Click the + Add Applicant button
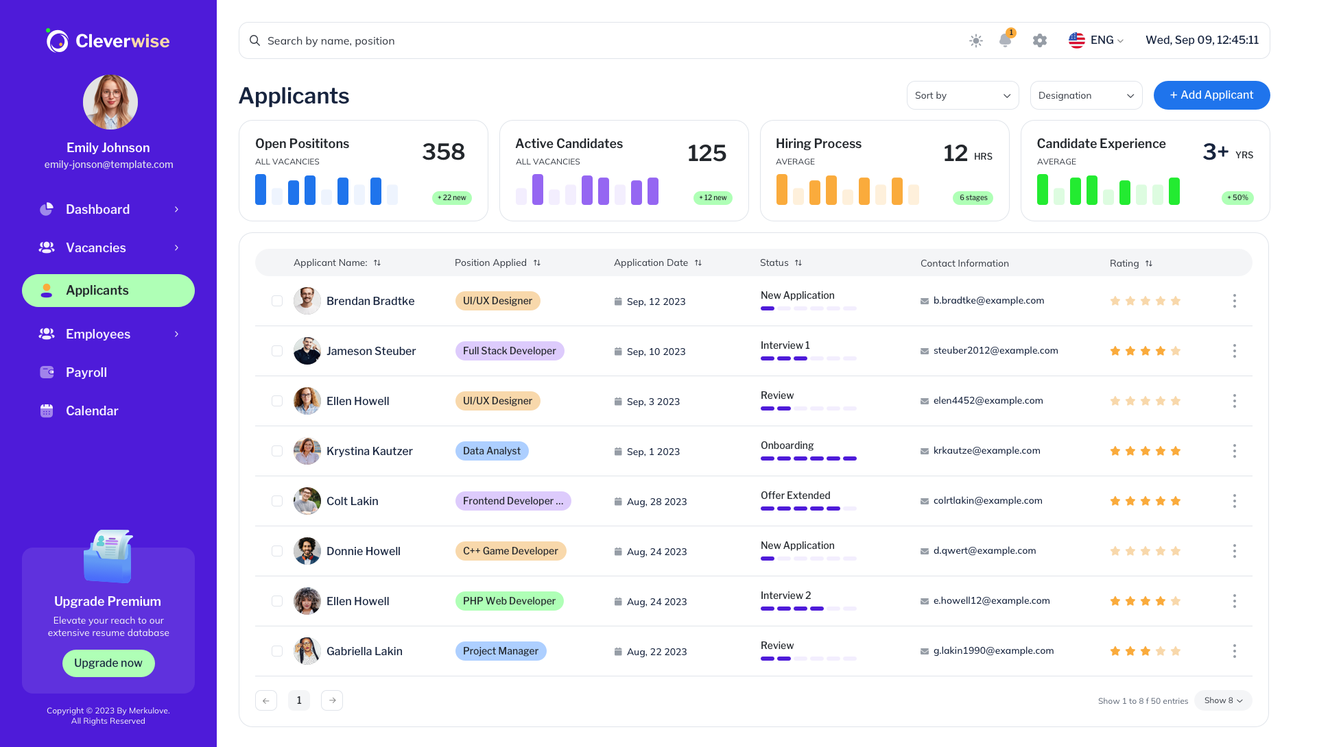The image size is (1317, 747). [1211, 95]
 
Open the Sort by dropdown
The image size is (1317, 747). [962, 95]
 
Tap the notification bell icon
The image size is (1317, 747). [1005, 40]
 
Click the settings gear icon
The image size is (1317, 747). [1040, 40]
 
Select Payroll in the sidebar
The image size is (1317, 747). [86, 372]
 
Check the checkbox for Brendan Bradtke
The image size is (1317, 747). [277, 301]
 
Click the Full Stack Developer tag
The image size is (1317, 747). [509, 351]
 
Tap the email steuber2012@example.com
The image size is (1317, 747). [995, 350]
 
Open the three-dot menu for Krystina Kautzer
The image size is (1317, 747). [1234, 451]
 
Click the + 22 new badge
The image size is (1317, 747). [452, 197]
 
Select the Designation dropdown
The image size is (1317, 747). [1086, 95]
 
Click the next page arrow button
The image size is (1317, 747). [332, 700]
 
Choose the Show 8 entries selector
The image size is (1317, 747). [1223, 700]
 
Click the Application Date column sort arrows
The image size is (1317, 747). [698, 263]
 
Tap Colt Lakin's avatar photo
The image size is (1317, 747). [307, 501]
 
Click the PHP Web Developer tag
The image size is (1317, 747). [509, 601]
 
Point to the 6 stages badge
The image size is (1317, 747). [973, 197]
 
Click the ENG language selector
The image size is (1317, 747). [1096, 40]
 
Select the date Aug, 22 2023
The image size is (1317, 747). [656, 652]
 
